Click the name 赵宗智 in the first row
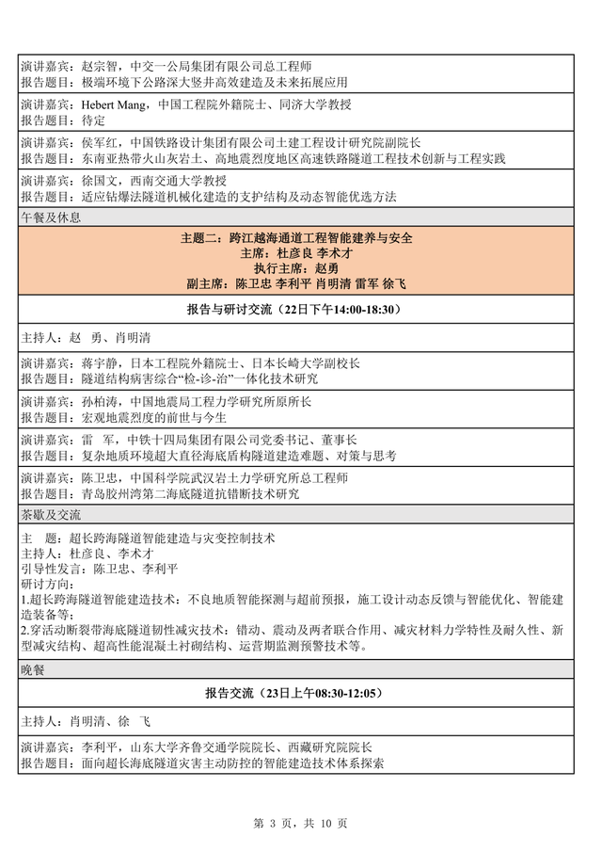pos(88,67)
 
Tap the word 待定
pos(83,121)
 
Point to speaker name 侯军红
pos(88,142)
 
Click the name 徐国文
pos(88,180)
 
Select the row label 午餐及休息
pos(51,217)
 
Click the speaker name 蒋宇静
pos(88,363)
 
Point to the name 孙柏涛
pos(88,401)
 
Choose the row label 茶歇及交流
pos(51,515)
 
